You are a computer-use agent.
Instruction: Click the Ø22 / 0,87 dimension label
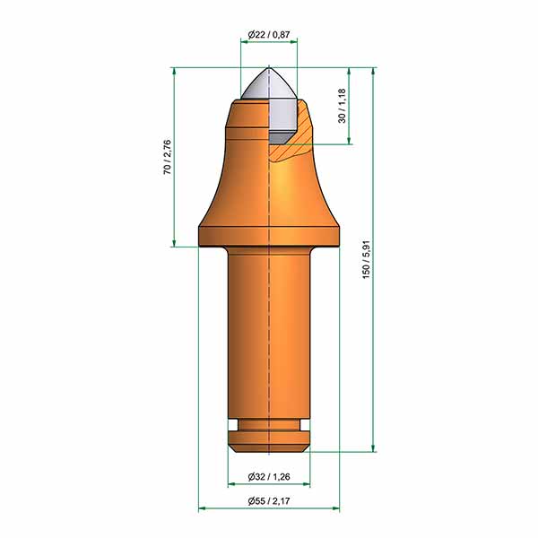[x=269, y=34]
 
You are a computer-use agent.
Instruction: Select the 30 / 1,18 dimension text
[x=343, y=106]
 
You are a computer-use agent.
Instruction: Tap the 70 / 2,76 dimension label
[x=167, y=157]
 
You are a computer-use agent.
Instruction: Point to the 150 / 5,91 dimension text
[x=366, y=259]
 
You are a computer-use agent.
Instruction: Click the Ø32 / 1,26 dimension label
[x=269, y=477]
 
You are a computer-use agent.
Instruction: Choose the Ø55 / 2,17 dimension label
[x=269, y=501]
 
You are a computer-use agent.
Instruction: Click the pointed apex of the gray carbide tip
[x=269, y=68]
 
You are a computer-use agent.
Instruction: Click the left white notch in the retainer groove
[x=233, y=425]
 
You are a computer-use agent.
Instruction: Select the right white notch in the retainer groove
[x=305, y=425]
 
